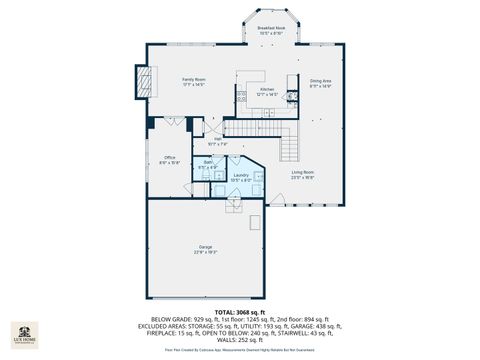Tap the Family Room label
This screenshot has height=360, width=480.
[193, 81]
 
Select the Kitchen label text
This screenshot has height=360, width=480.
[267, 92]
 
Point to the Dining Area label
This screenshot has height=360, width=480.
[320, 82]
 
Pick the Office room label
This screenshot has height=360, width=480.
[170, 159]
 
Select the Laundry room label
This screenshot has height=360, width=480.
[241, 177]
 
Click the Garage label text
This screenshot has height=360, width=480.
[205, 248]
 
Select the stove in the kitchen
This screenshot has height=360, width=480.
[241, 97]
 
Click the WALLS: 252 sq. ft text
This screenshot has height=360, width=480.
[239, 341]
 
